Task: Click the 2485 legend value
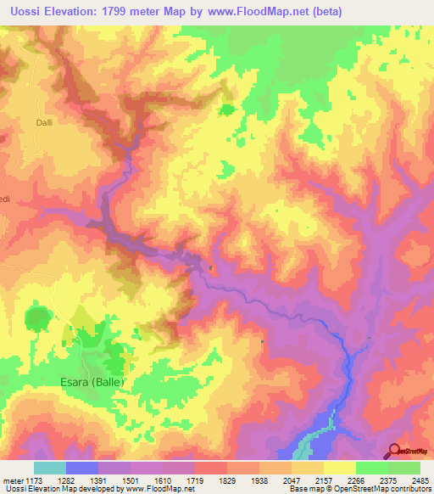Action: (x=420, y=480)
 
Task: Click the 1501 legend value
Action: (x=131, y=480)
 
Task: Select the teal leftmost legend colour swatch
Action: (x=49, y=468)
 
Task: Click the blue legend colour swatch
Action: (x=81, y=468)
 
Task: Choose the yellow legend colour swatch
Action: (x=339, y=468)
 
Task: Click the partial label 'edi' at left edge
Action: (x=4, y=200)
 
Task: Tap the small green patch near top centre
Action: (x=226, y=109)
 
